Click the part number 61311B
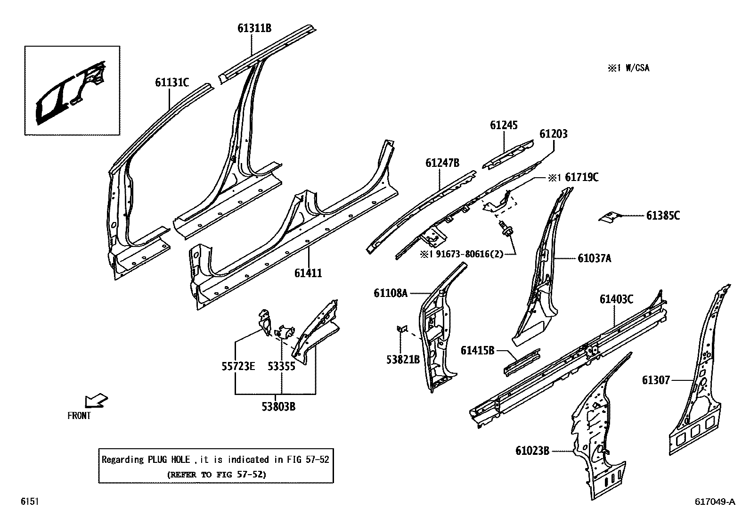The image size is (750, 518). coord(254,28)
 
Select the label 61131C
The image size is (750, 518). coord(172,83)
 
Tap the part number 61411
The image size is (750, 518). coord(308,273)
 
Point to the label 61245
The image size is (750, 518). coord(504,125)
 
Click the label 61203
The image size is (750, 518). coord(554,134)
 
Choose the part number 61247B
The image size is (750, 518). coord(442,163)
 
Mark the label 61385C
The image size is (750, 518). coord(663,215)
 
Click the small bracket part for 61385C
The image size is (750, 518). coord(608,216)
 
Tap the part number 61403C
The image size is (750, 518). coord(616,299)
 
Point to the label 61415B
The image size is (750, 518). coord(477,350)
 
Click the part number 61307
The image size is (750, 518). coord(655,380)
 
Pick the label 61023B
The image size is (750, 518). coord(532,451)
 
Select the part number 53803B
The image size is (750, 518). coord(279,407)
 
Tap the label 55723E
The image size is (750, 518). coord(238,366)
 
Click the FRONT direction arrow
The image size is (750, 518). coord(96,402)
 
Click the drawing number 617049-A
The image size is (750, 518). coord(714,502)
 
